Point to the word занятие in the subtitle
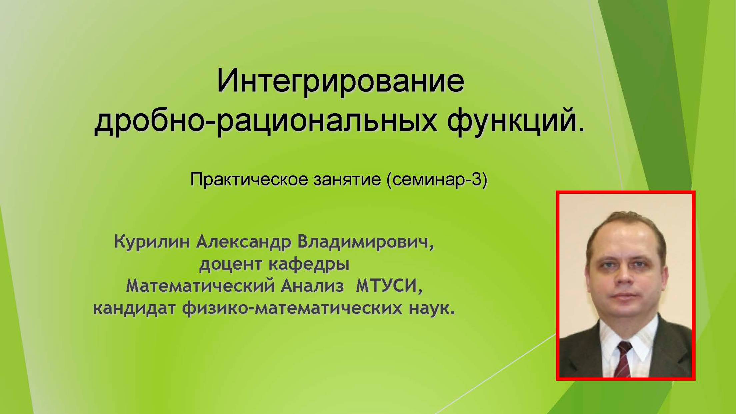(347, 180)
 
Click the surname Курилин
(152, 242)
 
